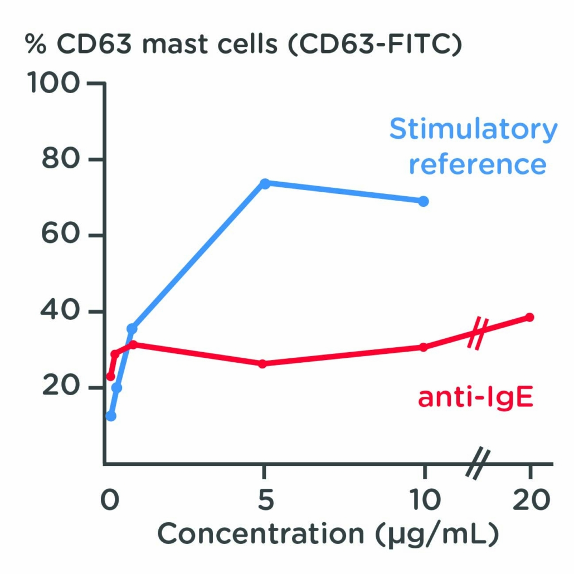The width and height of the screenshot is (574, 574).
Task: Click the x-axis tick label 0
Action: [x=110, y=500]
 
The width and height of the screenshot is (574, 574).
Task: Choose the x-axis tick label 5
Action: [x=265, y=500]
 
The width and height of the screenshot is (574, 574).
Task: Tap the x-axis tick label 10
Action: [x=424, y=500]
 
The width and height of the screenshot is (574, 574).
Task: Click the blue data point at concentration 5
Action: [x=265, y=183]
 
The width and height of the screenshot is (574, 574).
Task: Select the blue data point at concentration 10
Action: [x=424, y=201]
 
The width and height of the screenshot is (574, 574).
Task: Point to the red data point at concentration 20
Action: [x=529, y=317]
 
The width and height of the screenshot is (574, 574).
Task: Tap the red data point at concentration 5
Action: [x=262, y=363]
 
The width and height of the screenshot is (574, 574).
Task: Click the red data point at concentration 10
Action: [x=424, y=347]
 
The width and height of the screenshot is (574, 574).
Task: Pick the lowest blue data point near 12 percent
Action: [x=111, y=416]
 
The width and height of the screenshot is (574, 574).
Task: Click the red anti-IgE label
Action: [x=475, y=398]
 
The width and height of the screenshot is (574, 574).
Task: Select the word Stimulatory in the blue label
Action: [x=473, y=130]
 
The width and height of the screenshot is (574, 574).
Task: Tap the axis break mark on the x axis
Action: [x=478, y=464]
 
